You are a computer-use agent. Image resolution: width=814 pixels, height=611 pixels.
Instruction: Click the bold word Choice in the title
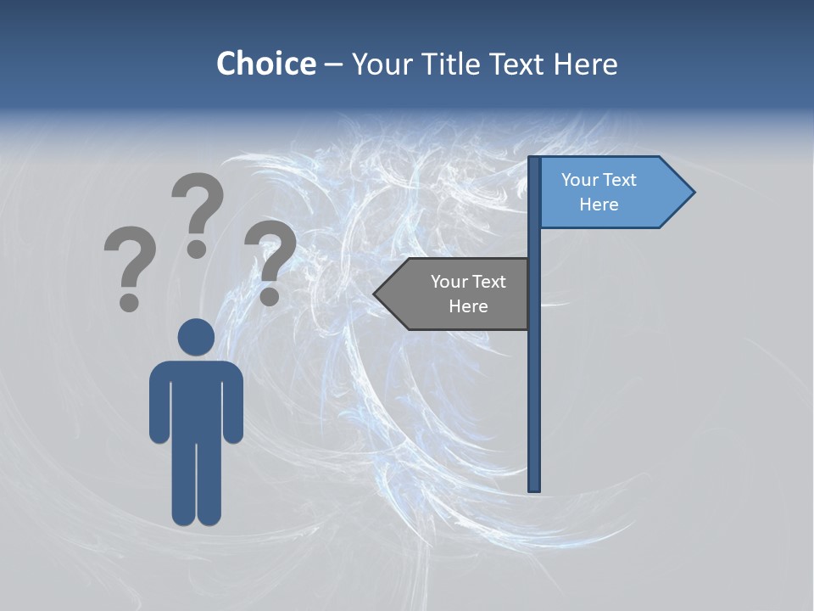pyautogui.click(x=265, y=64)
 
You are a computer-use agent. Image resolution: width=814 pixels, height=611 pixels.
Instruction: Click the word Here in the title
pyautogui.click(x=585, y=64)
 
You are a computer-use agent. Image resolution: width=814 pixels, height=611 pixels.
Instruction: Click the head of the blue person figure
pyautogui.click(x=196, y=337)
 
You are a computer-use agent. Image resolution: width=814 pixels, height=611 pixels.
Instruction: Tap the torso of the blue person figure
pyautogui.click(x=196, y=399)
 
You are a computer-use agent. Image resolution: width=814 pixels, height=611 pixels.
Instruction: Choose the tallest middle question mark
pyautogui.click(x=197, y=212)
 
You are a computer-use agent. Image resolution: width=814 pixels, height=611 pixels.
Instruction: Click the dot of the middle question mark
pyautogui.click(x=197, y=249)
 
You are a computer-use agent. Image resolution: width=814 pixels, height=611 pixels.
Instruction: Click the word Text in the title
pyautogui.click(x=517, y=64)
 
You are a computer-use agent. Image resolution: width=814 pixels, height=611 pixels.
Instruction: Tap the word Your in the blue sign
pyautogui.click(x=580, y=180)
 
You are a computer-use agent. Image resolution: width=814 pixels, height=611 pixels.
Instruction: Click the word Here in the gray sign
pyautogui.click(x=468, y=306)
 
